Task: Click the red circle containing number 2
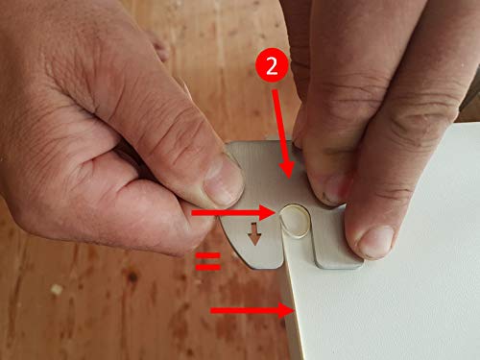(x=272, y=65)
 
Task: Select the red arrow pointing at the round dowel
(x=234, y=212)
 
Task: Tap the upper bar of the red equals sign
(x=208, y=255)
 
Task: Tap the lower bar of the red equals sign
(x=208, y=267)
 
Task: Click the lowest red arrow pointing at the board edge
(x=252, y=310)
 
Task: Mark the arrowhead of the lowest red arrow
(x=286, y=310)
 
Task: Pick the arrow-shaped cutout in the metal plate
(x=255, y=234)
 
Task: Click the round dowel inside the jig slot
(x=295, y=222)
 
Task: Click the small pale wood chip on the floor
(x=57, y=290)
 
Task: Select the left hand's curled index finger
(x=106, y=204)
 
